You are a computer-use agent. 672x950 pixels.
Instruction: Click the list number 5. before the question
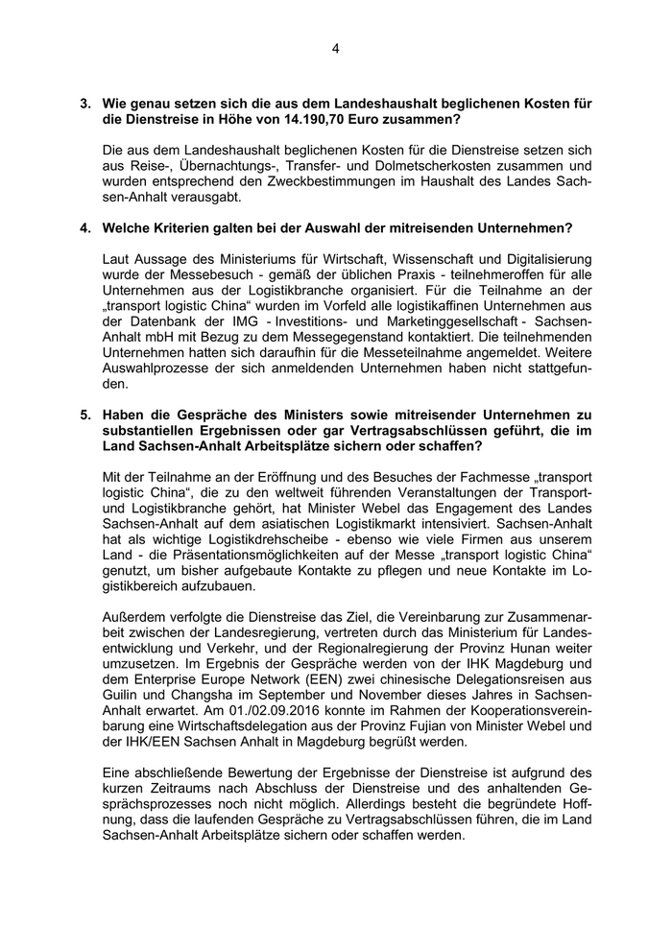(85, 415)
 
